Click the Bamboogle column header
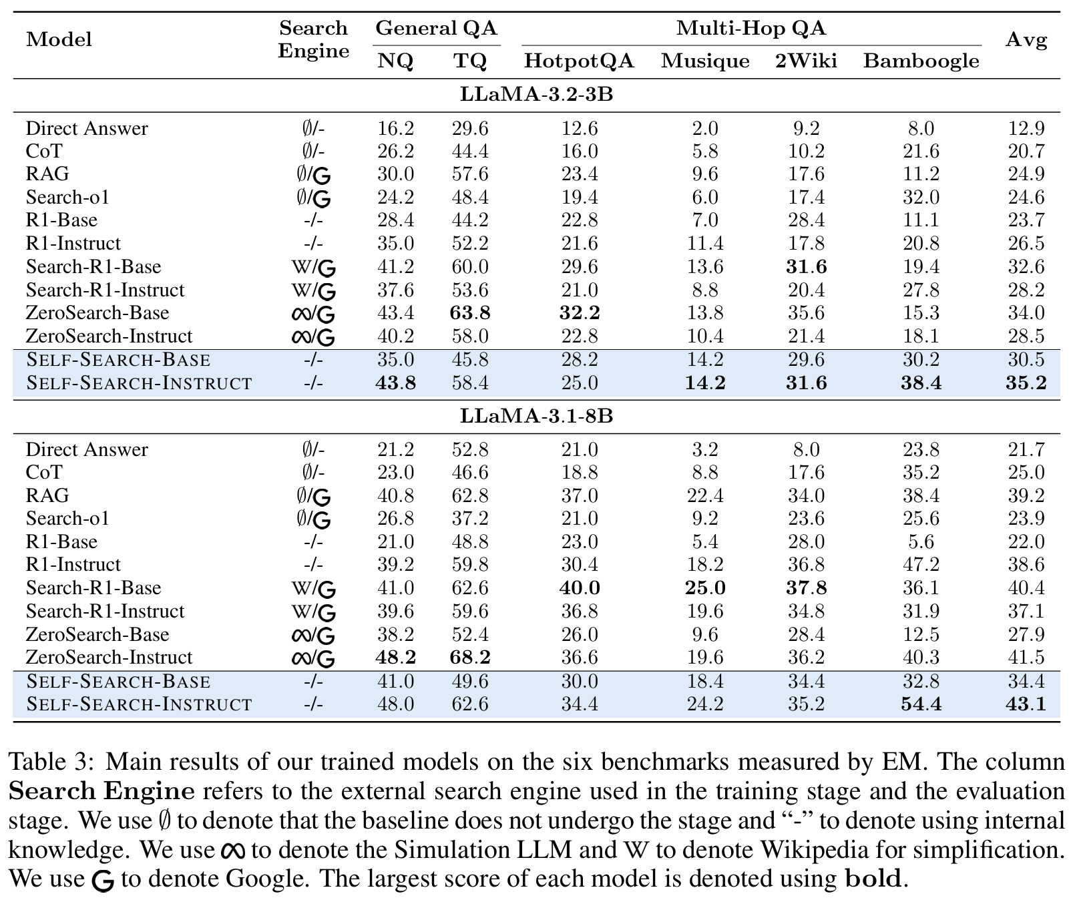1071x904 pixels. pyautogui.click(x=921, y=61)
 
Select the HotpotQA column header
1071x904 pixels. pyautogui.click(x=579, y=61)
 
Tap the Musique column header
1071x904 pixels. pyautogui.click(x=705, y=61)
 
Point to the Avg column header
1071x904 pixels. pyautogui.click(x=1026, y=40)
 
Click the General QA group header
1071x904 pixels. pyautogui.click(x=436, y=28)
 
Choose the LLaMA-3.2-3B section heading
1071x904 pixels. pyautogui.click(x=536, y=95)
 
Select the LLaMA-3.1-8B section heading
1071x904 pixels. pyautogui.click(x=536, y=416)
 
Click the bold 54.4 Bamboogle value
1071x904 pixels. pyautogui.click(x=921, y=704)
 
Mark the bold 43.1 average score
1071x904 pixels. pyautogui.click(x=1026, y=704)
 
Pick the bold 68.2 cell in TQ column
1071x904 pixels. pyautogui.click(x=471, y=658)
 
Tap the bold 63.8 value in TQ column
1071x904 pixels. pyautogui.click(x=471, y=313)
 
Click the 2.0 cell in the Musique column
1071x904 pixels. pyautogui.click(x=705, y=128)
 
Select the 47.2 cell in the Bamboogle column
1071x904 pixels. pyautogui.click(x=921, y=565)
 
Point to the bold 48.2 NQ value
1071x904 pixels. pyautogui.click(x=395, y=658)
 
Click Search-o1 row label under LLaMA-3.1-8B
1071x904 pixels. pyautogui.click(x=67, y=519)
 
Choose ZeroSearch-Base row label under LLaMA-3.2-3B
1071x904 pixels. pyautogui.click(x=97, y=313)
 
